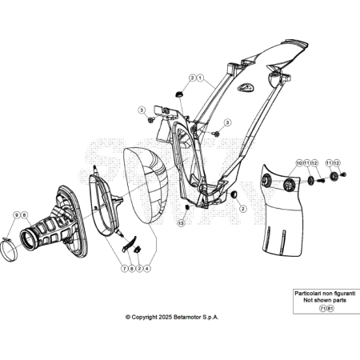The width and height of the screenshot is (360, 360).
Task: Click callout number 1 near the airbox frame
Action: click(200, 78)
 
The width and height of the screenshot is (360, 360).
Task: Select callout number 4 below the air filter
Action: click(147, 269)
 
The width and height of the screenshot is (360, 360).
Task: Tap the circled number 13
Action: click(181, 223)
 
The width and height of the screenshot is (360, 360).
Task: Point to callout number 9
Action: click(17, 215)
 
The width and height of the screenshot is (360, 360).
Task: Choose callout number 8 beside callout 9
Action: click(24, 215)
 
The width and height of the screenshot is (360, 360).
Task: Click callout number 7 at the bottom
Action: click(125, 269)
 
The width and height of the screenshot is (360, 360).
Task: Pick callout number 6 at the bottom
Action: click(132, 269)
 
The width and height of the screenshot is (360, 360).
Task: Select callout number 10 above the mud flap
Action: click(299, 162)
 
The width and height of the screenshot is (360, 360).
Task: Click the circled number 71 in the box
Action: click(322, 309)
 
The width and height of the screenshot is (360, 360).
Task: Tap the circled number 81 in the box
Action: click(330, 309)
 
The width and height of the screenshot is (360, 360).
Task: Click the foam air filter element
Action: click(146, 186)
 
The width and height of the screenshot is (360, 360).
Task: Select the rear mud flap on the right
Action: click(282, 210)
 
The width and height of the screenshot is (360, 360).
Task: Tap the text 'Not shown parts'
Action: click(325, 300)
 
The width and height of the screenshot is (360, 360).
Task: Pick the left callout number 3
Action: click(142, 110)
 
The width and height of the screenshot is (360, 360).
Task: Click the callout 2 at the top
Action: click(192, 78)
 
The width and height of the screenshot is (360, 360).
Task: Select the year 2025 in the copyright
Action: click(166, 318)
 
